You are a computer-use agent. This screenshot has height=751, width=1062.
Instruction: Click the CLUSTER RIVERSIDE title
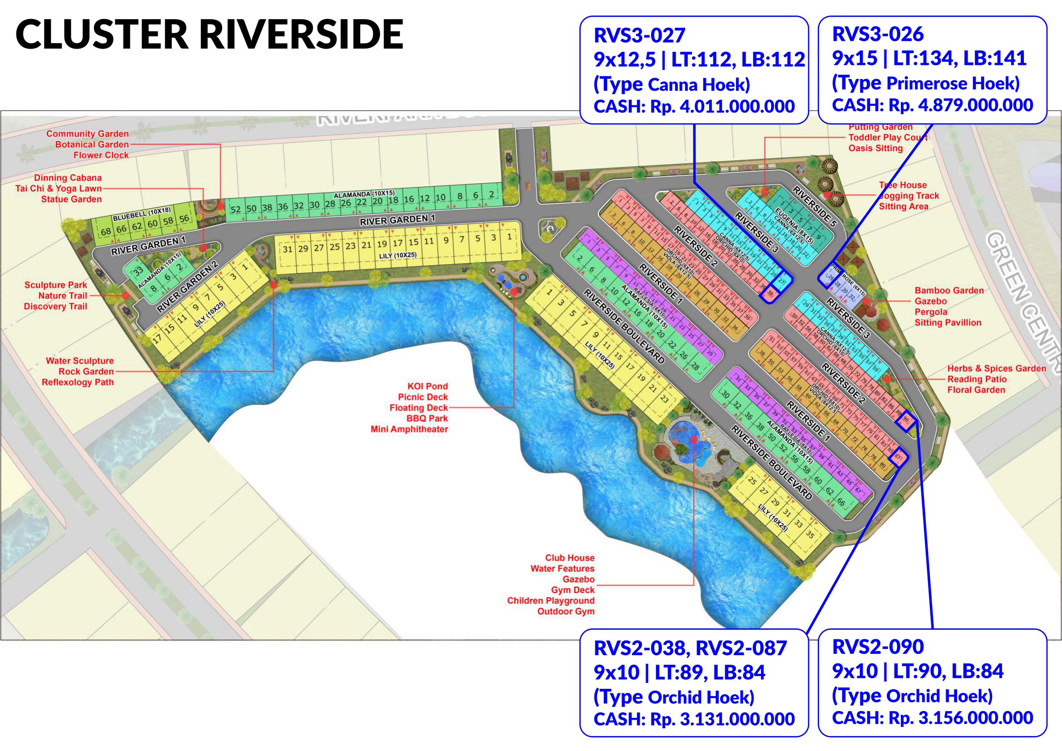[x=209, y=34]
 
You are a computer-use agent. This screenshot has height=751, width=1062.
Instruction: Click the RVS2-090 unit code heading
[x=878, y=647]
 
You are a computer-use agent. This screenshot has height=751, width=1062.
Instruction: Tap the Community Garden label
[x=88, y=134]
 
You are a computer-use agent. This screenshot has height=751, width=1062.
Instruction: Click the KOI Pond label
[x=427, y=386]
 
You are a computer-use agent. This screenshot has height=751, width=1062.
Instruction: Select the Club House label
[x=569, y=558]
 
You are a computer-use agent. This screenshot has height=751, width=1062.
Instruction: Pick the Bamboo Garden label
[x=949, y=291]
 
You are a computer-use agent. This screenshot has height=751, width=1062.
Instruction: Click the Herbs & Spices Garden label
[x=996, y=369]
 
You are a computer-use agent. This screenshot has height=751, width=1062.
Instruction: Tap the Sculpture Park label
[x=55, y=285]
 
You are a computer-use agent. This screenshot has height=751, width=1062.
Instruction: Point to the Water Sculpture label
[x=79, y=361]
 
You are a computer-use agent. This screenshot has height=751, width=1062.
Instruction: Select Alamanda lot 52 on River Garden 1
[x=236, y=209]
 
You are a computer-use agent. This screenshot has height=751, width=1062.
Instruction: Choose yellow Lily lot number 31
[x=287, y=250]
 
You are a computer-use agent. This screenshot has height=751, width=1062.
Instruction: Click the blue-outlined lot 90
[x=906, y=420]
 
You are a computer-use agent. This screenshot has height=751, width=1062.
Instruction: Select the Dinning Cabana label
[x=68, y=178]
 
